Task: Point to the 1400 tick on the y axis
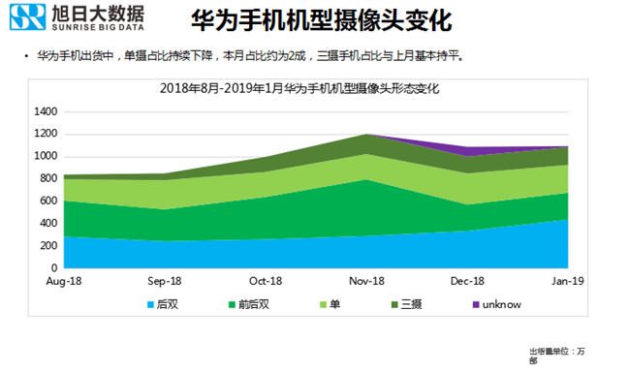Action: pos(47,111)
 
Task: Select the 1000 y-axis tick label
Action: pos(47,156)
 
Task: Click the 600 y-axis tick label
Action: pos(50,201)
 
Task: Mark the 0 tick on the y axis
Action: pos(56,267)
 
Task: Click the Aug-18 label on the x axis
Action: pos(63,281)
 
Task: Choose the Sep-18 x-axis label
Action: pos(164,281)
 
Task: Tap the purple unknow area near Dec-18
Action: pos(470,150)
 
